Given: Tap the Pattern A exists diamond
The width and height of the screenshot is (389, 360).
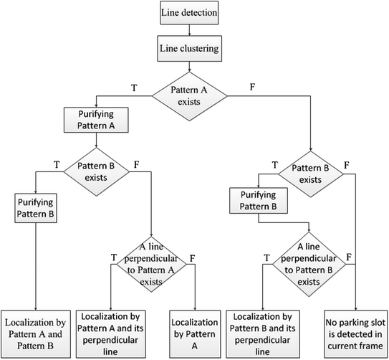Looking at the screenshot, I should point(188,94).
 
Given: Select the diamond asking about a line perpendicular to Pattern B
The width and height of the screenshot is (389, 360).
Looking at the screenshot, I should point(309,266).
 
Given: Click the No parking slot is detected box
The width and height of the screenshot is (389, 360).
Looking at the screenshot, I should point(351,327).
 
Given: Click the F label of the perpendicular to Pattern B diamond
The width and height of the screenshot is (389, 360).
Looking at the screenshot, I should point(350,257).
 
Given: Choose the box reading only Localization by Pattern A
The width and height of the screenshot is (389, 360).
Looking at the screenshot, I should point(194,327).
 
